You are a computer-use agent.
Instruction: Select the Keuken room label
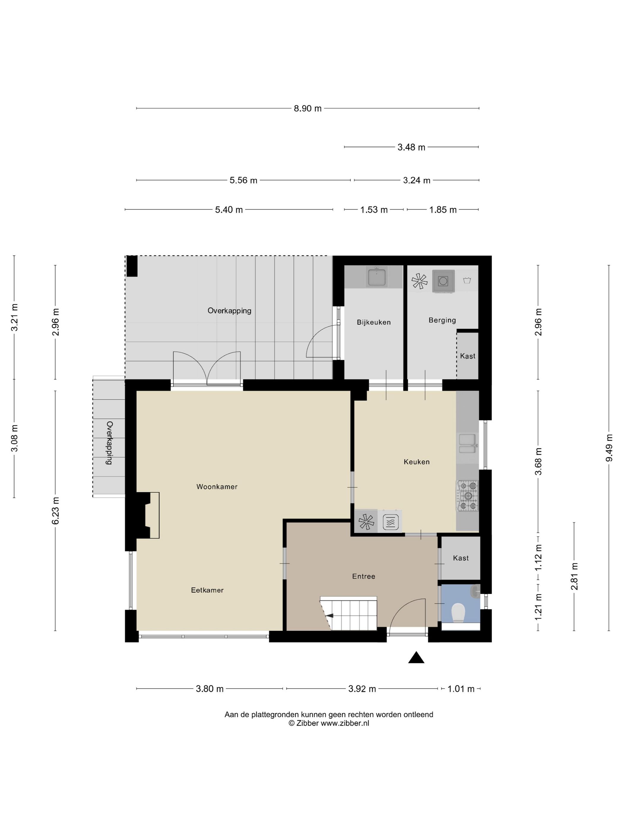tap(417, 462)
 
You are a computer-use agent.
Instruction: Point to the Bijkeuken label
tap(374, 322)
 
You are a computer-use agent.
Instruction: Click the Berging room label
tap(442, 320)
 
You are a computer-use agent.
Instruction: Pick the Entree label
tap(363, 576)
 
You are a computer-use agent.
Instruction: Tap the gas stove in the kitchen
tap(468, 496)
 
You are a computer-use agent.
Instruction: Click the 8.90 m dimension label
tap(308, 109)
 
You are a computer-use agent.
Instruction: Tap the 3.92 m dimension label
tap(362, 689)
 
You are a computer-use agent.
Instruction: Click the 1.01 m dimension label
tap(461, 689)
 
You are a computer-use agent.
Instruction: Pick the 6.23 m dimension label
tap(55, 510)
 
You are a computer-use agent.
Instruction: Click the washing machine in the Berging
tap(444, 281)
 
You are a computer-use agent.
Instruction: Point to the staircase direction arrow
tap(329, 615)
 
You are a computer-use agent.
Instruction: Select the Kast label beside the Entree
tap(461, 558)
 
